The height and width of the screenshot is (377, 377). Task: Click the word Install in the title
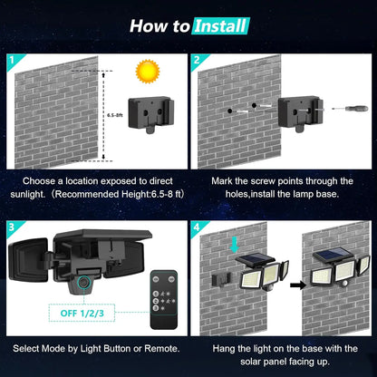point(220,25)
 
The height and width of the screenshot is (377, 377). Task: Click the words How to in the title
point(159,25)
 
